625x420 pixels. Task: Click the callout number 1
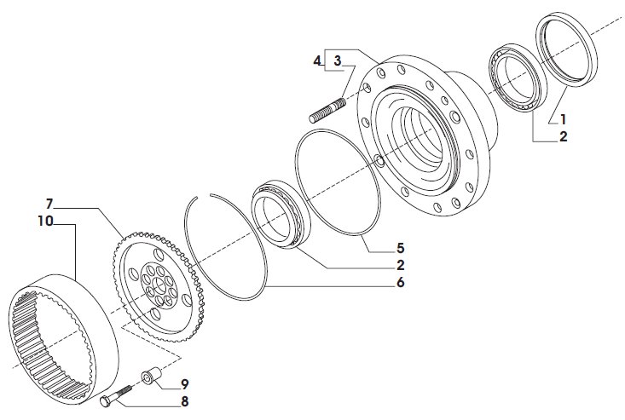pos(563,119)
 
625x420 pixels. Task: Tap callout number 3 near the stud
pos(338,60)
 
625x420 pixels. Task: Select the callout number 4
pos(317,60)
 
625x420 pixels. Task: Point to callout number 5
pos(400,248)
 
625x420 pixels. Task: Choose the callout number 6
pos(400,282)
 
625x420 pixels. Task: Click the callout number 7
pos(49,204)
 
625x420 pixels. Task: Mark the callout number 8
pos(184,401)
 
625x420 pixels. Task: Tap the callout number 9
pos(184,384)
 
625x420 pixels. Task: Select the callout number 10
pos(45,221)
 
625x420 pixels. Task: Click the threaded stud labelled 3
pos(327,110)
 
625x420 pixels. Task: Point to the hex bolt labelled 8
pos(116,395)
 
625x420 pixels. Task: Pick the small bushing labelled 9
pos(152,376)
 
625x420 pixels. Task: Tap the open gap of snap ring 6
pos(204,195)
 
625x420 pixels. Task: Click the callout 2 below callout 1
pos(563,136)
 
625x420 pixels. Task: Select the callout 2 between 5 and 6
pos(400,265)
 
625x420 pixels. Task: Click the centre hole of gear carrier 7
pos(159,285)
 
